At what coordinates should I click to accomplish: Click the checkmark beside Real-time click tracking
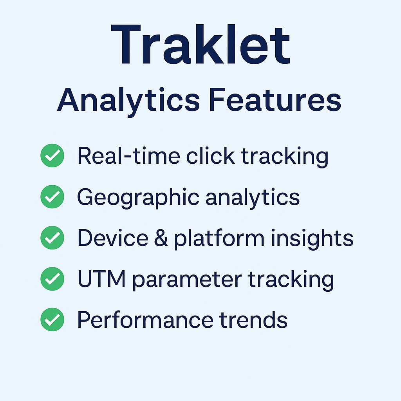coord(52,155)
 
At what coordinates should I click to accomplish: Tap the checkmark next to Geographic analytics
coord(52,197)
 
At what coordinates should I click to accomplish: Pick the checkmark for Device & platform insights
coord(52,238)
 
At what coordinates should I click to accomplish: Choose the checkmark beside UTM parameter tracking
coord(52,279)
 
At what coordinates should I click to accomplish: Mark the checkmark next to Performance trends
coord(52,320)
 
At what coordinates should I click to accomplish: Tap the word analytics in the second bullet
coord(253,197)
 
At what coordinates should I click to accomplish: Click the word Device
coord(113,238)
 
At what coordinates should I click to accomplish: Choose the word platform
coord(220,239)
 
